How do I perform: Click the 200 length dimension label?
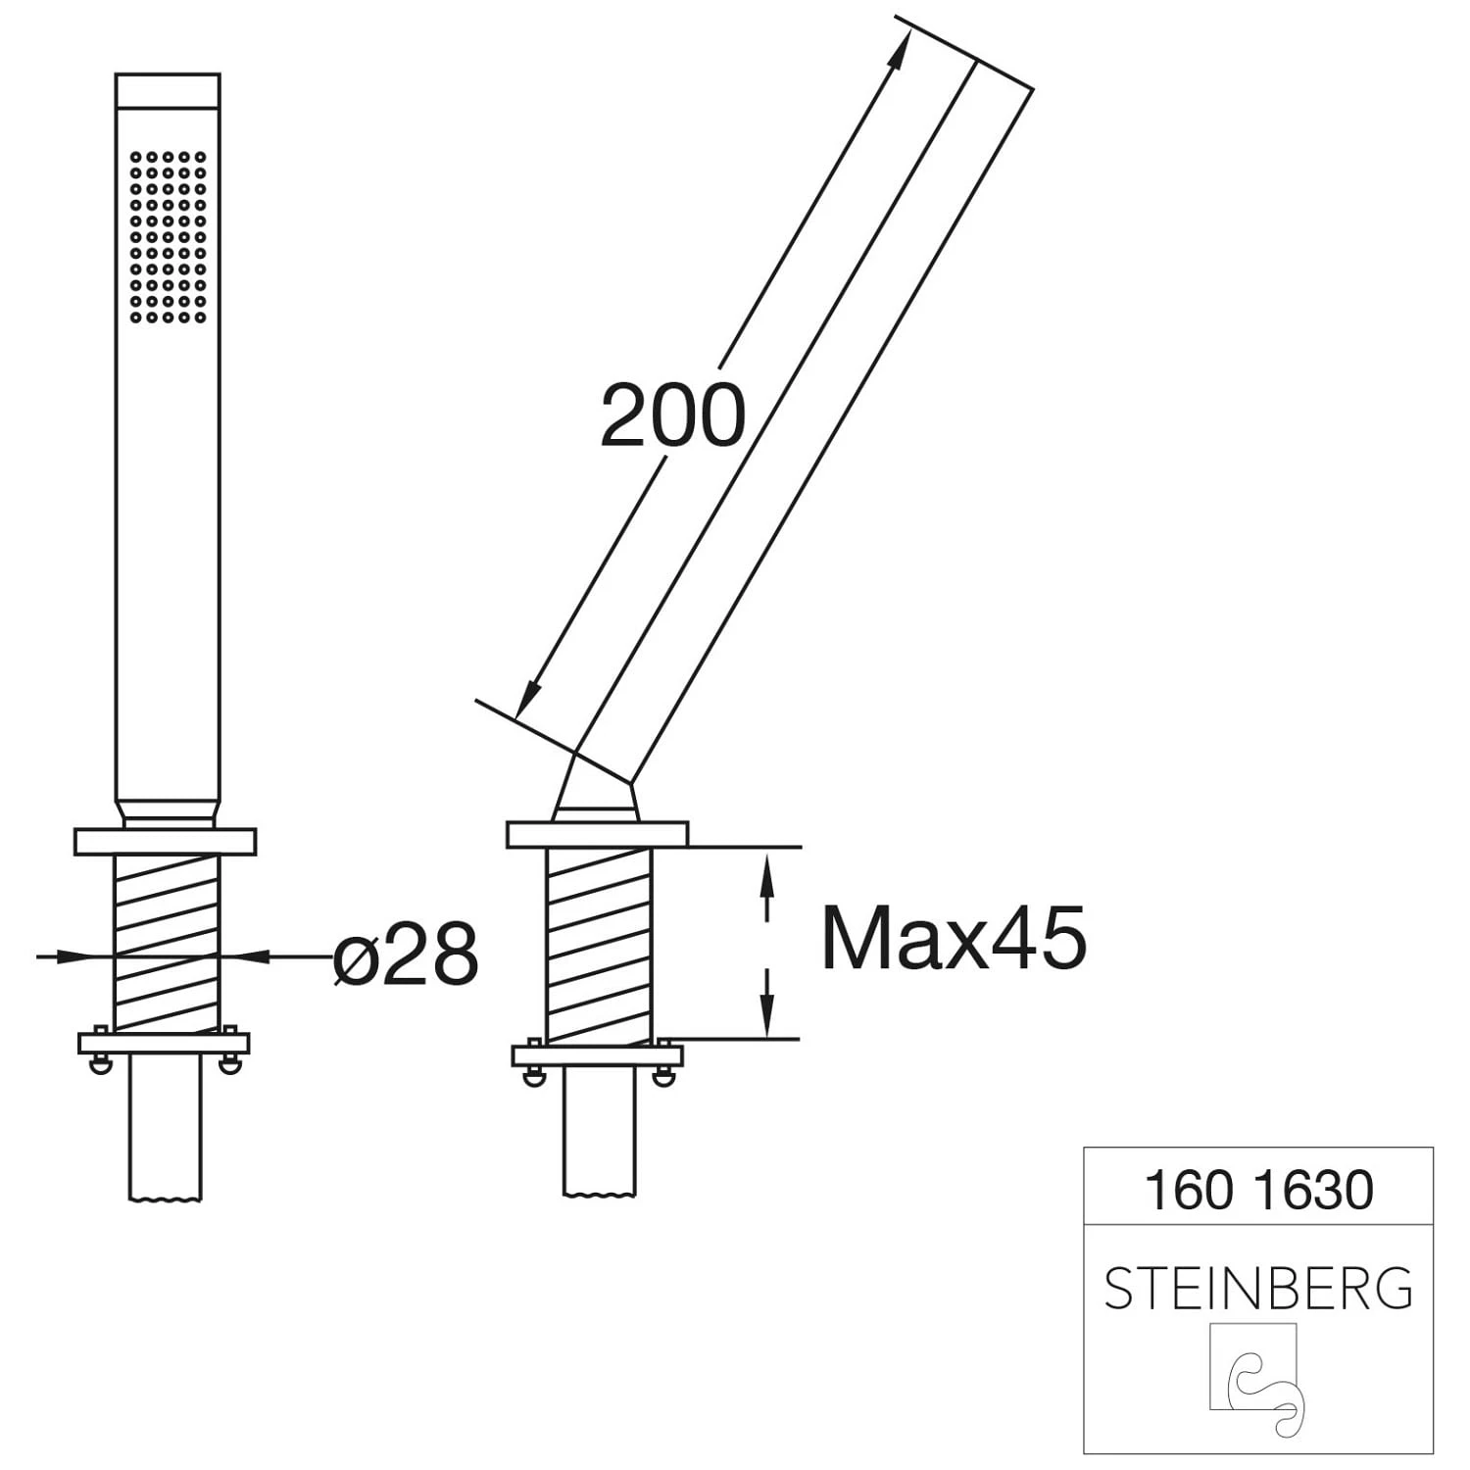point(672,416)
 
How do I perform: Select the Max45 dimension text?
point(954,938)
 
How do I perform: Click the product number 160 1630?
point(1258,1190)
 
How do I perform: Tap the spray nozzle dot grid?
point(168,236)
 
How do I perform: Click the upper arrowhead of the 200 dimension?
point(895,49)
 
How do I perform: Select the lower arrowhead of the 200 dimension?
point(529,698)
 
